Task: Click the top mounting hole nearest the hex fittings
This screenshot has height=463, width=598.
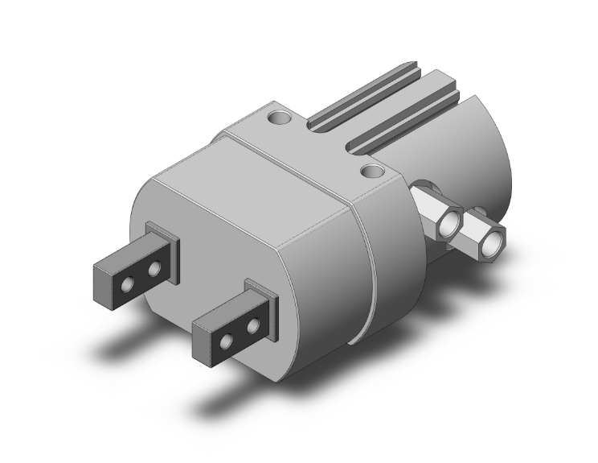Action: pyautogui.click(x=372, y=171)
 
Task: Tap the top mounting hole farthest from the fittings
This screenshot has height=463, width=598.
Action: pyautogui.click(x=279, y=118)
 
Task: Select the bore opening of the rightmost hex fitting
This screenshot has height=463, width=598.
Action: pyautogui.click(x=489, y=238)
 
